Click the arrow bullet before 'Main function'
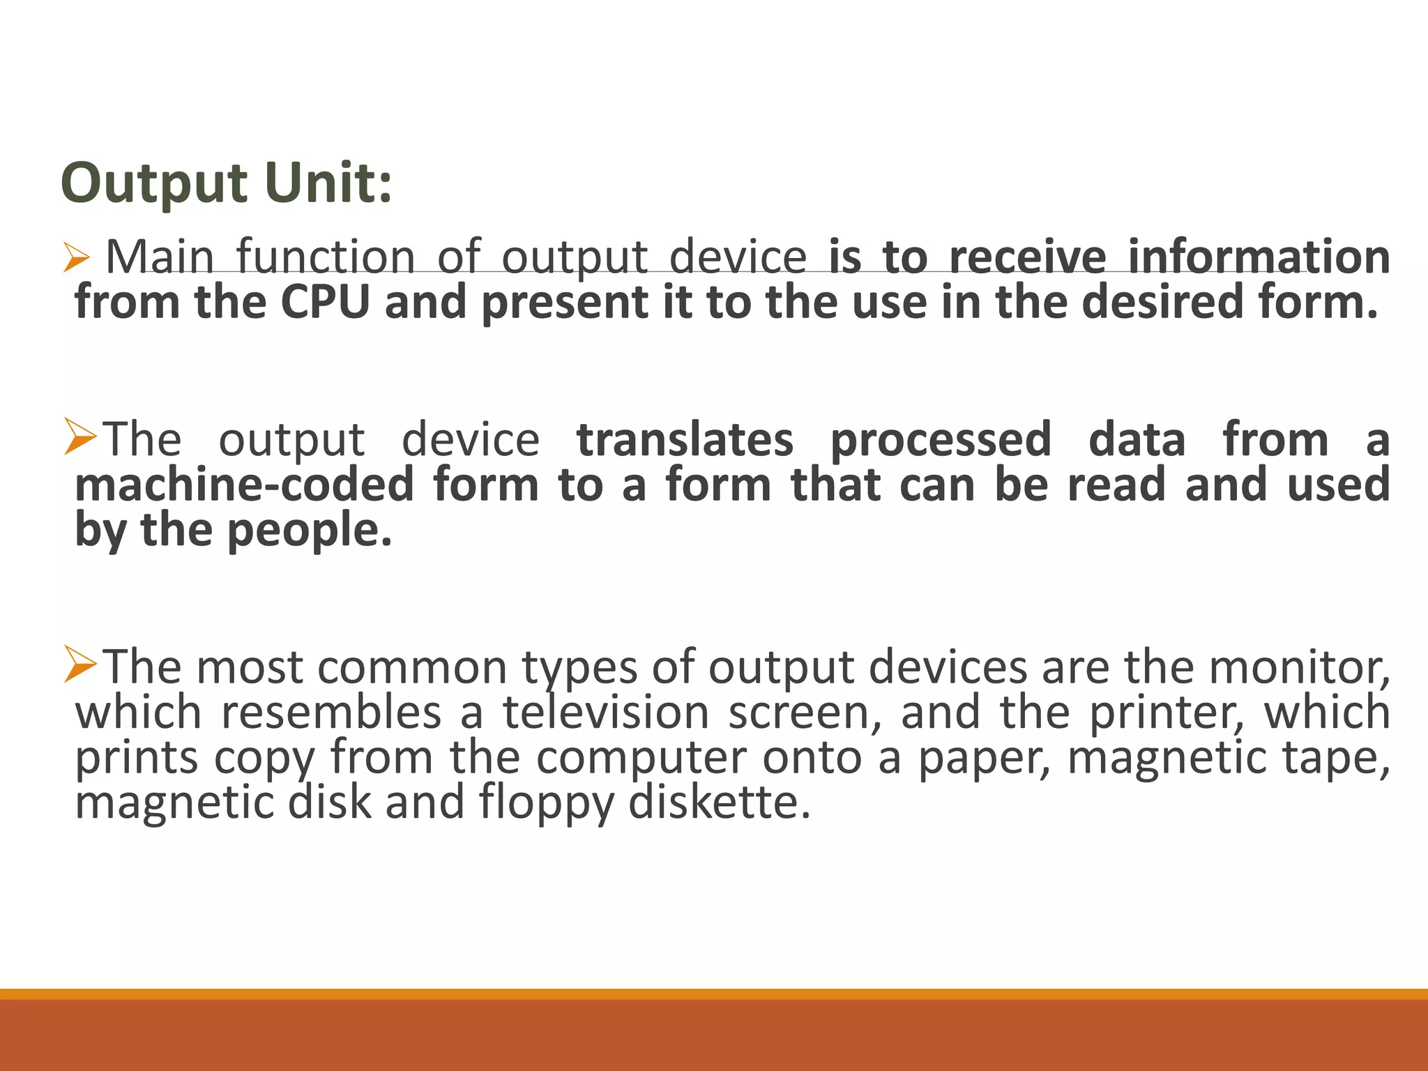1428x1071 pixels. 75,257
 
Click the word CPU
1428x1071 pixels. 325,302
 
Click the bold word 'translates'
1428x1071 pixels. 685,439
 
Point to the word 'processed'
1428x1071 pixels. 941,441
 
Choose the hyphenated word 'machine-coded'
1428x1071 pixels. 244,485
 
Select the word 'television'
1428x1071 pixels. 605,713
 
